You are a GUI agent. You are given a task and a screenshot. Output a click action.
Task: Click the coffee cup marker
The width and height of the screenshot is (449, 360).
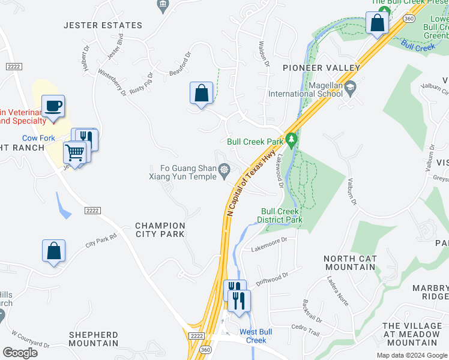click(x=53, y=107)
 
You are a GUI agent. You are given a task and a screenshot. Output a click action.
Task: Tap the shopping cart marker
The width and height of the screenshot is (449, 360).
click(x=75, y=153)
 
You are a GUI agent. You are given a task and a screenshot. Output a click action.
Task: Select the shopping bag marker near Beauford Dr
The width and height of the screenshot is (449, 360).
click(x=201, y=94)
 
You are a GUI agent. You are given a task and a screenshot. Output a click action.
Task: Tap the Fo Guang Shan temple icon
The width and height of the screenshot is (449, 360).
click(x=224, y=172)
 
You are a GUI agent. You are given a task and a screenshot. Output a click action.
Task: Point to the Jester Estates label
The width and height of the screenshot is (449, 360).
click(x=103, y=25)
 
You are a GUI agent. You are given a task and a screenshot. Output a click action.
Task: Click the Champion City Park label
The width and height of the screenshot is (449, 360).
click(x=160, y=230)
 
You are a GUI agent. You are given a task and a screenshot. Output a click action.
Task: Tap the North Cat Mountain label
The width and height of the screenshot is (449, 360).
click(x=350, y=263)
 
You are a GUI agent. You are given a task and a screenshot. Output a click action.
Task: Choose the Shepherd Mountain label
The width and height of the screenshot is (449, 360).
click(x=93, y=339)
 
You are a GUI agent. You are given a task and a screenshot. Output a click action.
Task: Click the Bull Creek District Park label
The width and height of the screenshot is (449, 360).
click(x=281, y=216)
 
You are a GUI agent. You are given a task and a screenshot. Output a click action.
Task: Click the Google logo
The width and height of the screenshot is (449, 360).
click(x=20, y=353)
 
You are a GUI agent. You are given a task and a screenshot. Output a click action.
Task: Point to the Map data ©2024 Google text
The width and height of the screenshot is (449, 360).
click(x=411, y=355)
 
